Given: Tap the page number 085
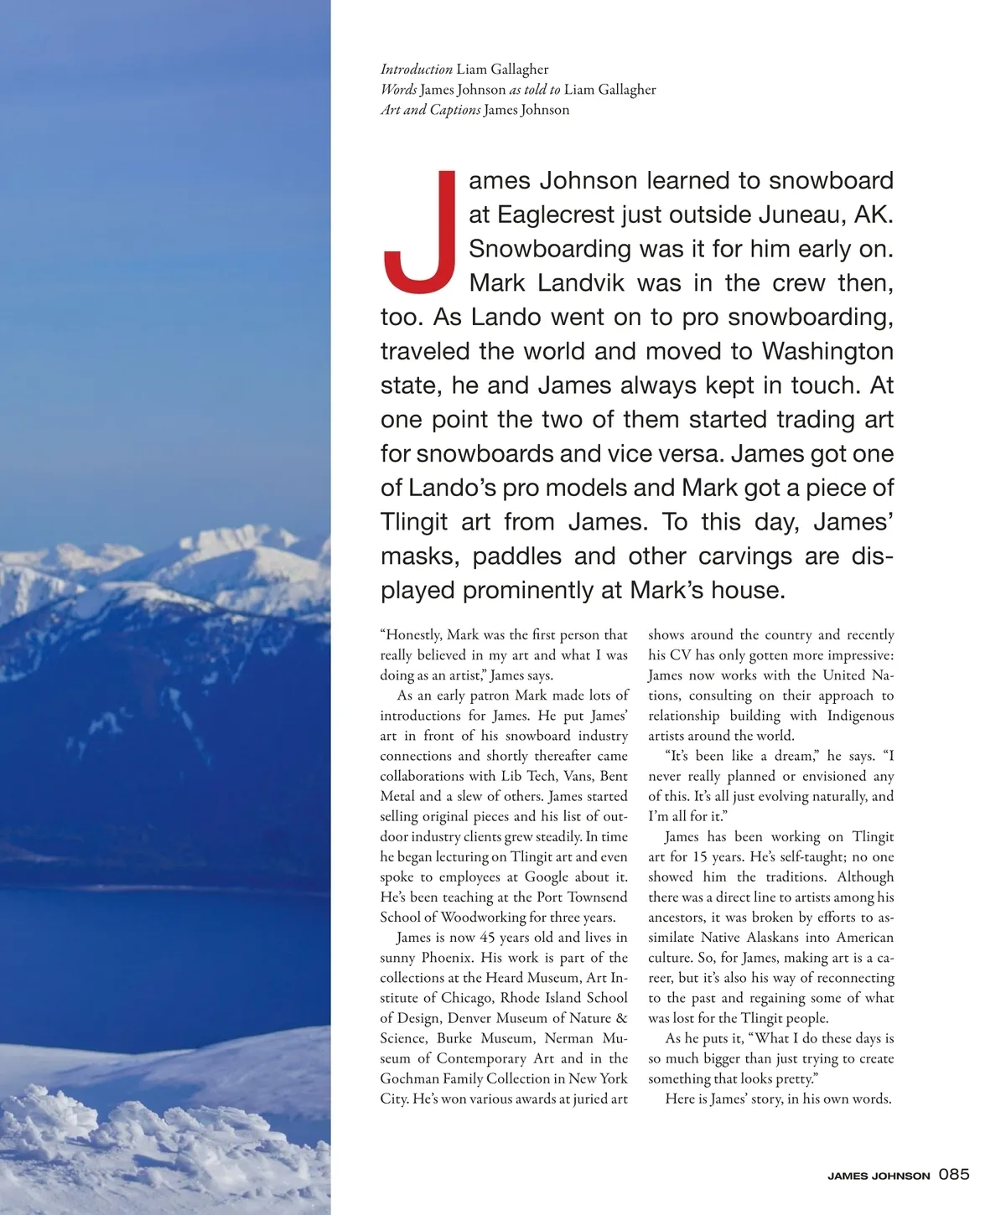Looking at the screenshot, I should (954, 1174).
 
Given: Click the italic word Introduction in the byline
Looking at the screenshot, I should (417, 70).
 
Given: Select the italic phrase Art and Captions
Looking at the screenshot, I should (430, 110).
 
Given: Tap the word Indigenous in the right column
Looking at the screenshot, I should (860, 716).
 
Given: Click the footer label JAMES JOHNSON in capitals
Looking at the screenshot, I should (879, 1176).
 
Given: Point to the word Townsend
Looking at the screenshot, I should (591, 897).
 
